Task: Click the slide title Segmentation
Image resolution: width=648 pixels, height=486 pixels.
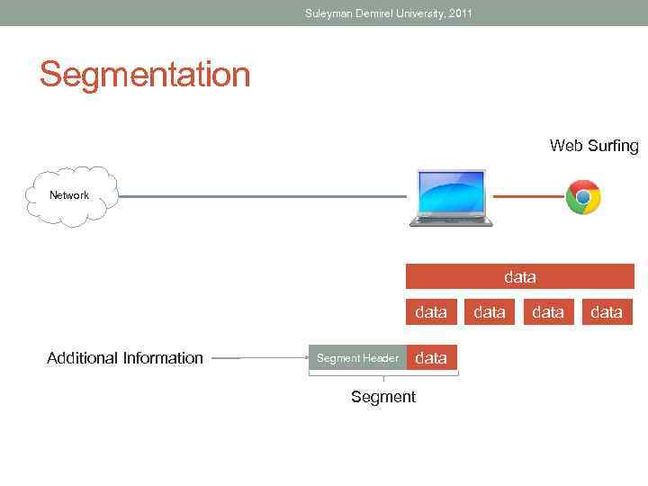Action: (144, 75)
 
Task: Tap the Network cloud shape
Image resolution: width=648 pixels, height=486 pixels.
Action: (69, 195)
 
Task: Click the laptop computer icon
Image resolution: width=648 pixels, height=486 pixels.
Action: (451, 198)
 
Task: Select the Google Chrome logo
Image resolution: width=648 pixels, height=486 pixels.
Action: (583, 197)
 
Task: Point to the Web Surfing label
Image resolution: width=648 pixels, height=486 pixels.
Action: (594, 146)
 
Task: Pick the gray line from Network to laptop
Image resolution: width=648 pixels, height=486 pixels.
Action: (261, 197)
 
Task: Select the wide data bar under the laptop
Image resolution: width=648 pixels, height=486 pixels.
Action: (519, 277)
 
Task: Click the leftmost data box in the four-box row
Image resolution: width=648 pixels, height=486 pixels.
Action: (431, 312)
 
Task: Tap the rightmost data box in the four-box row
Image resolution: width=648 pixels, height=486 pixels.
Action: (606, 312)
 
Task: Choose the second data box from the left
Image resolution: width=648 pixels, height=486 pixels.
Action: (490, 312)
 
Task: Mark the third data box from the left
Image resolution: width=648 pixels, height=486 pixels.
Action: (548, 312)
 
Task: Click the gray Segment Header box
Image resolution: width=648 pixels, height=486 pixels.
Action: (357, 358)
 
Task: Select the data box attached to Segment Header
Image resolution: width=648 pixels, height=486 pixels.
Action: (431, 358)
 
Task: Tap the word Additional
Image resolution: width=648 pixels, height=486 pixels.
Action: (81, 358)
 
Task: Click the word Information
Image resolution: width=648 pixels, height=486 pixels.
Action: (162, 358)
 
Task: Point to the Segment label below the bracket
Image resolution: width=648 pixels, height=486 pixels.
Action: (383, 397)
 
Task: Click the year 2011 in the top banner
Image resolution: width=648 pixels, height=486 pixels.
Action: (458, 13)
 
